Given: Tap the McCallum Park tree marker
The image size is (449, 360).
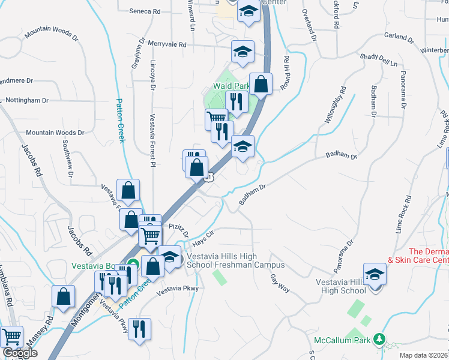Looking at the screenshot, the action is [x=379, y=340].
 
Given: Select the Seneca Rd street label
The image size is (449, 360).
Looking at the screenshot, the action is [x=144, y=11].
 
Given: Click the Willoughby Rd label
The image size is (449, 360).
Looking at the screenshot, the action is [x=335, y=106].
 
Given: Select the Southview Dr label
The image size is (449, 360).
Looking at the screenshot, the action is [x=66, y=159].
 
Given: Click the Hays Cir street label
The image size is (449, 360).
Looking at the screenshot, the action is [x=203, y=238].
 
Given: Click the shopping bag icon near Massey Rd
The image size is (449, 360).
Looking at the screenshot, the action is [x=63, y=297].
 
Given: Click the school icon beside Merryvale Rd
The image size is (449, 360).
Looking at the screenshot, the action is [x=243, y=52].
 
